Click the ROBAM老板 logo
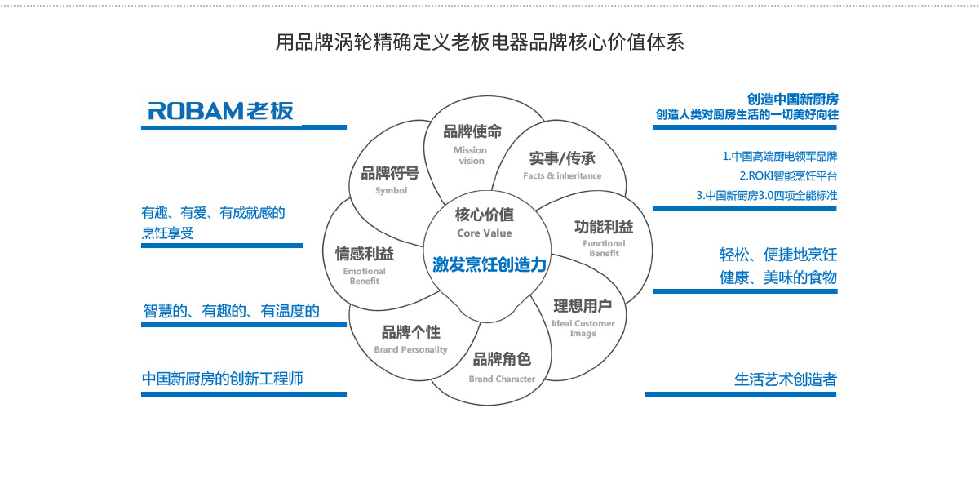pos(220,111)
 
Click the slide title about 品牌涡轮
pos(480,42)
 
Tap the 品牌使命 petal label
pos(472,131)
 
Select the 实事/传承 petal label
pos(562,158)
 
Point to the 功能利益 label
pos(604,226)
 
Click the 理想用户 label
pos(583,306)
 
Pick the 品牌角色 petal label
pos(502,359)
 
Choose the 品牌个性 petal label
pos(411,332)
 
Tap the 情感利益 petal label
pos(365,254)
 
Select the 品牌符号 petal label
pos(390,173)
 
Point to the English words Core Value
pos(485,233)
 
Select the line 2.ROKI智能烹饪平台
pos(788,175)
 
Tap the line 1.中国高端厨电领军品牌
pos(779,156)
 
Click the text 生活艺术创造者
pos(786,379)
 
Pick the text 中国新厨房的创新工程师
pos(222,379)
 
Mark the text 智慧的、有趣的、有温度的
pos(231,311)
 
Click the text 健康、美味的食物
pos(777,277)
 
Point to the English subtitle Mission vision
pos(471,155)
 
